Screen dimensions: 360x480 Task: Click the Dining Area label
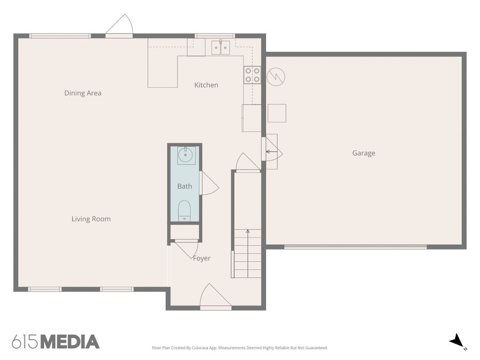tap(83, 93)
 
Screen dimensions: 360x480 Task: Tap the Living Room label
tap(91, 219)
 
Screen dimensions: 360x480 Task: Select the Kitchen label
tap(206, 85)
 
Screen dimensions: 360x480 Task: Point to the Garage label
tap(363, 153)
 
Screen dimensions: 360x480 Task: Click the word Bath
tap(185, 186)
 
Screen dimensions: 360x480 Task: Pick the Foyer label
tap(202, 258)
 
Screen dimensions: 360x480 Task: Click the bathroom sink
tap(185, 156)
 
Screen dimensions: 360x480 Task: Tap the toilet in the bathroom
tap(185, 210)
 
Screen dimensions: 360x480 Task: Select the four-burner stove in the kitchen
tap(252, 75)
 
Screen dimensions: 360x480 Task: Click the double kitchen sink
tap(220, 47)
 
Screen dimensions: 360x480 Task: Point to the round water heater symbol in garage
tap(276, 77)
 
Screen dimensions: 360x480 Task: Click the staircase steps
tap(247, 253)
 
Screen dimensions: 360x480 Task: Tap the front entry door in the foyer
tap(215, 298)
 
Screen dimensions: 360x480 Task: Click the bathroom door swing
tap(209, 183)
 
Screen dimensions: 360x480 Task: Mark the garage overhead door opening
tap(355, 246)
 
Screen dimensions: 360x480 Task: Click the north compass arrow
tap(456, 341)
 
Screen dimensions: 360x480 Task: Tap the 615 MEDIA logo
tap(55, 342)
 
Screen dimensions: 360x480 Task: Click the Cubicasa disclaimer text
tap(240, 348)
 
